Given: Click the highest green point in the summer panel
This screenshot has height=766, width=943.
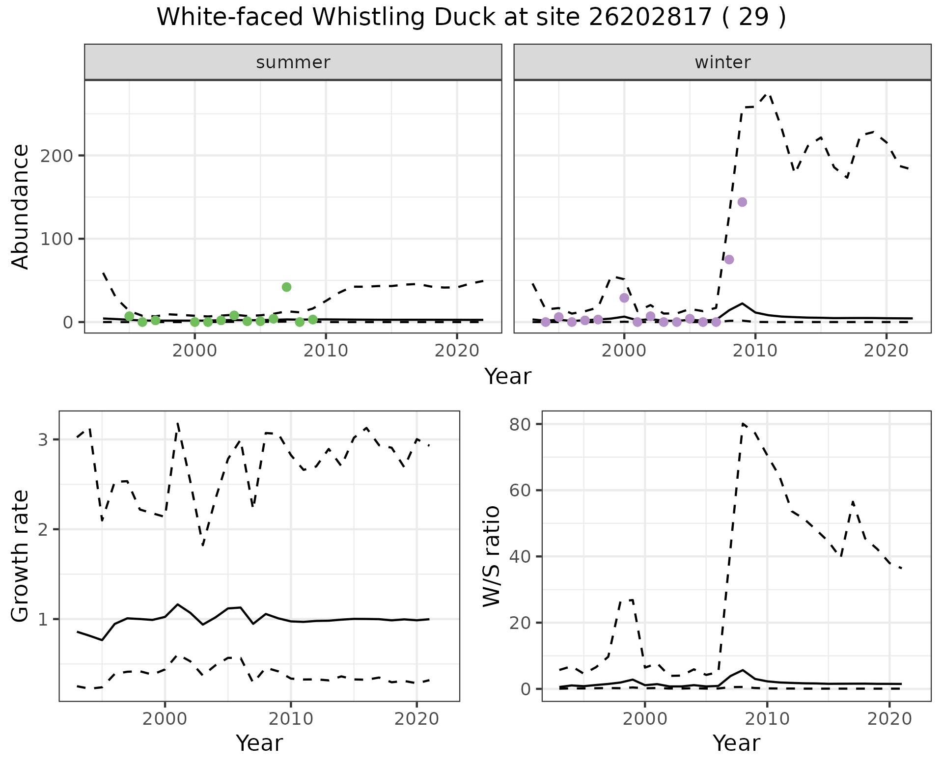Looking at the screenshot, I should [287, 287].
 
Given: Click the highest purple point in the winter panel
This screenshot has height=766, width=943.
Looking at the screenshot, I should [742, 202].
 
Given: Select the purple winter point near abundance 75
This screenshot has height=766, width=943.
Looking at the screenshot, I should [729, 260].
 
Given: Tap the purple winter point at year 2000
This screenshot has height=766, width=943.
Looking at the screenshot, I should [624, 298].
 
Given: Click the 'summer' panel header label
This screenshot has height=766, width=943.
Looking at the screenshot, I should [293, 62].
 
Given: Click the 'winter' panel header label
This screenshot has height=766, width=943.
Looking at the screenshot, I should [722, 62].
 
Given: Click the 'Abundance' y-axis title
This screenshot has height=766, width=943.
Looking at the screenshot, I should [21, 207].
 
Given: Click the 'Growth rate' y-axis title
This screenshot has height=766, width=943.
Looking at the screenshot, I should [21, 556].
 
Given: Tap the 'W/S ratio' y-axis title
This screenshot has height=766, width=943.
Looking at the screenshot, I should [491, 556].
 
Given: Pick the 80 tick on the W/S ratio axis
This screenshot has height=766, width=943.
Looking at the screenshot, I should [520, 424].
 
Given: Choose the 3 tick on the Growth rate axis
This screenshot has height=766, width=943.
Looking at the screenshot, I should [43, 439].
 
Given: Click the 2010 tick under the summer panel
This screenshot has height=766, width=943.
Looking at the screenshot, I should [326, 351].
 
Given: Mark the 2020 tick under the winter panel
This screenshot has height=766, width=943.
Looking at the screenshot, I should [886, 351].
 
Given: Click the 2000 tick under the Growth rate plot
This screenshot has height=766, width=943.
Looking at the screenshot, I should [165, 719].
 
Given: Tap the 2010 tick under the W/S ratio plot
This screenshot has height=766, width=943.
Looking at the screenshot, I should [767, 719].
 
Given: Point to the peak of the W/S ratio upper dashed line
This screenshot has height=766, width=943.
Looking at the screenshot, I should [743, 423].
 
